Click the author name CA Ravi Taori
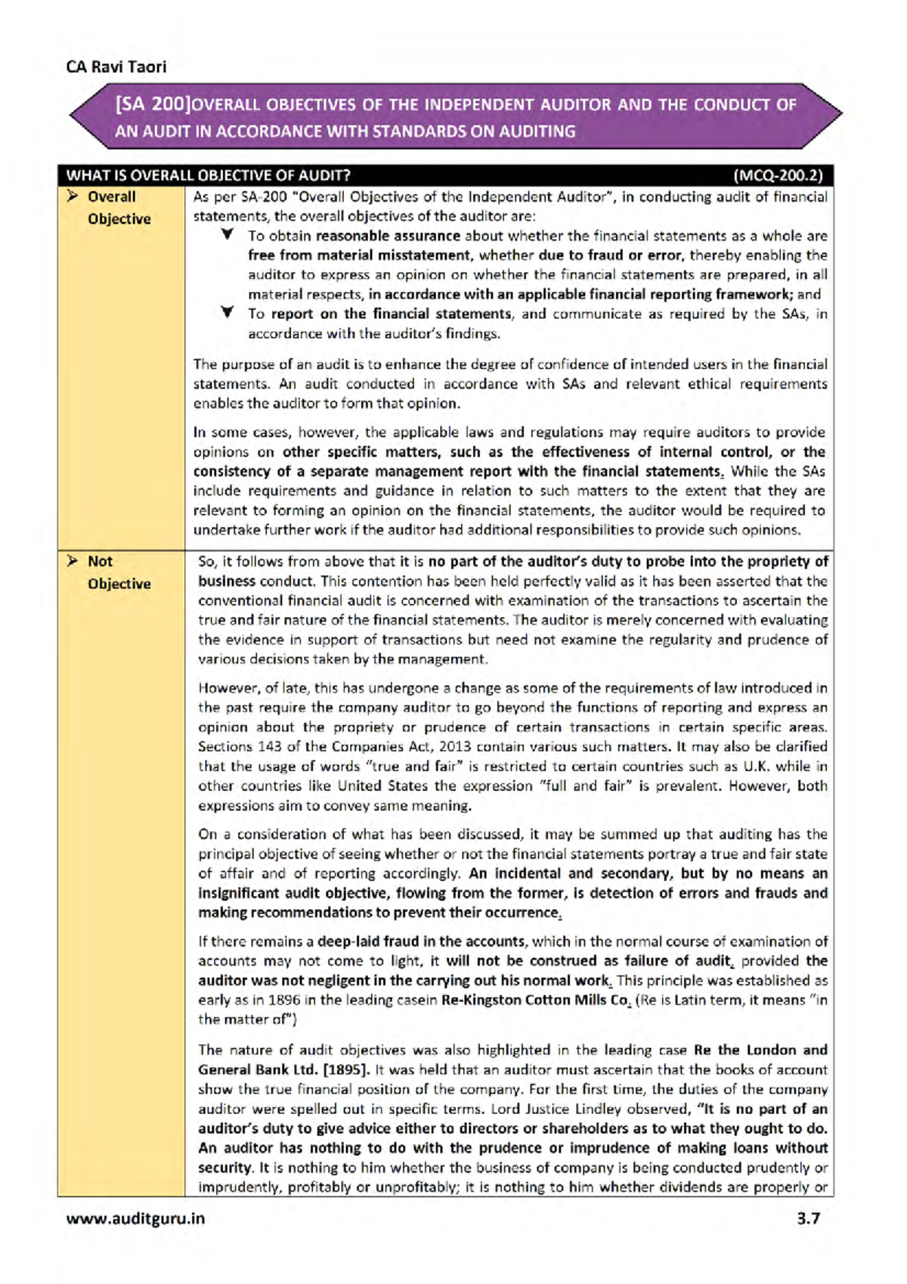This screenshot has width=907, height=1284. click(116, 67)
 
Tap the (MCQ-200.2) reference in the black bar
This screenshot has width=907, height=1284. click(778, 175)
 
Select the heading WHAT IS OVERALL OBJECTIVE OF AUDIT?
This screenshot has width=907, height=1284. click(208, 175)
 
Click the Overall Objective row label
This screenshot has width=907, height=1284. click(119, 208)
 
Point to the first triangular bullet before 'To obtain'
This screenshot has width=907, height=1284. click(227, 235)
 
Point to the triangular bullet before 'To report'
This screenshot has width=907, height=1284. click(227, 312)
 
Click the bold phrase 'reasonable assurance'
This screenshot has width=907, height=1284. click(388, 236)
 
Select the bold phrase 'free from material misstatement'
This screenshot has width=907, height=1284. click(360, 256)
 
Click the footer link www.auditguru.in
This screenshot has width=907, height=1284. click(135, 1218)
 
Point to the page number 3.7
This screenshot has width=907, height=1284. click(808, 1218)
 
